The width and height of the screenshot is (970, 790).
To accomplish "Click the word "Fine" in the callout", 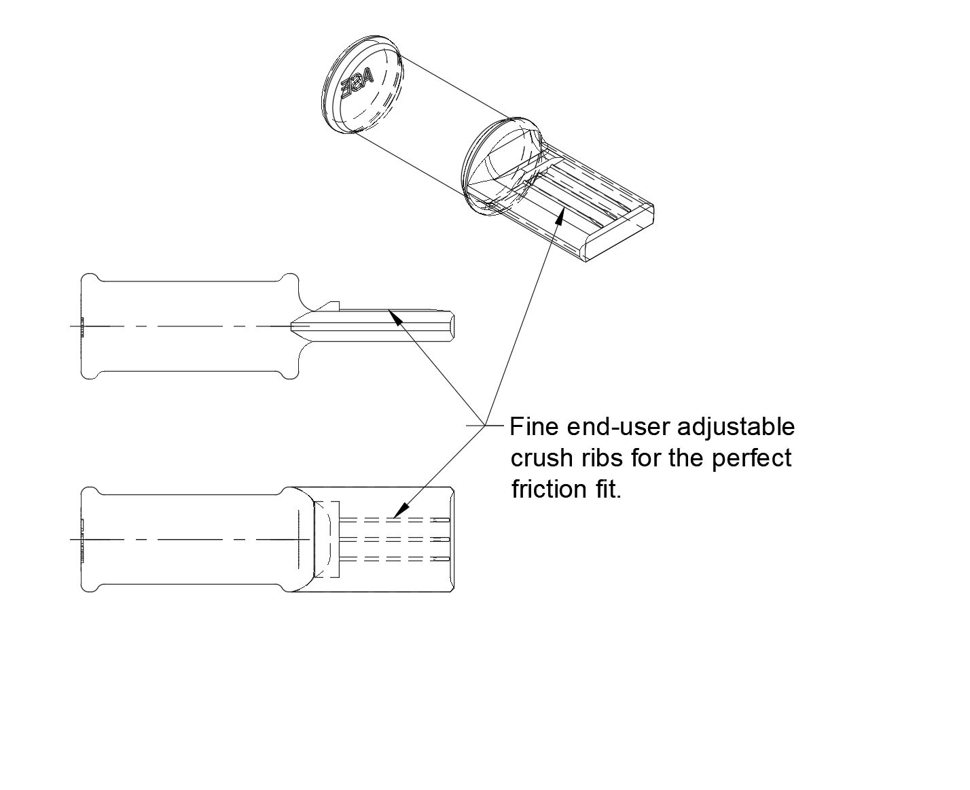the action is (533, 427).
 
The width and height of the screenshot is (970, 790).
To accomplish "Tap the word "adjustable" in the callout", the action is (736, 428).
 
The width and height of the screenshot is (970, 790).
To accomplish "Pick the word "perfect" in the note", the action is (751, 459).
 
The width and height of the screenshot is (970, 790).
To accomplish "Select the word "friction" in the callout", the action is (549, 489).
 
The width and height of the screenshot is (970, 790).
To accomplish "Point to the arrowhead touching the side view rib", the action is (395, 317).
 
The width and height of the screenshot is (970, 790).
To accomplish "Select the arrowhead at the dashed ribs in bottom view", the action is (401, 510).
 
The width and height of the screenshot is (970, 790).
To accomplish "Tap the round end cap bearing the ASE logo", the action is (362, 84).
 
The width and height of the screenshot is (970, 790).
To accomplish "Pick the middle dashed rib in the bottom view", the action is (395, 539).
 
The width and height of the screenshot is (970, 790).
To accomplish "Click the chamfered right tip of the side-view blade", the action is (451, 326).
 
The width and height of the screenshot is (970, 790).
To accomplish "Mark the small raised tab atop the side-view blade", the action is (331, 306).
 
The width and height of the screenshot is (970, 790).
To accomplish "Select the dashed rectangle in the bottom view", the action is (327, 539).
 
